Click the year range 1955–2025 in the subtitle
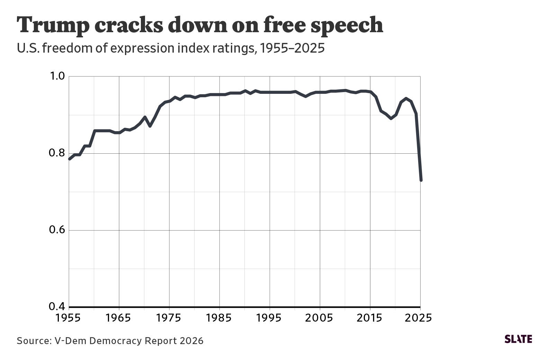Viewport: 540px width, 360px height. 292,49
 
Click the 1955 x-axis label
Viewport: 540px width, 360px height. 69,317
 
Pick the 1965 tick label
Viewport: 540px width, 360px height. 119,317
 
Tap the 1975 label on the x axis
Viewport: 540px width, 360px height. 169,317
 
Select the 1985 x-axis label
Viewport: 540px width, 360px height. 219,317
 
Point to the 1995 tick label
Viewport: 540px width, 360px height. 270,317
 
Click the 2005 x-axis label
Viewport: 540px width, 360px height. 320,317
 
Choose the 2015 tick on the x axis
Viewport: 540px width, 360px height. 370,317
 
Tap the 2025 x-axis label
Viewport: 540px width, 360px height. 420,317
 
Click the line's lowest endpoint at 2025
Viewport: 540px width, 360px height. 421,180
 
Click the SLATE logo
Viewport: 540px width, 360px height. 518,339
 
